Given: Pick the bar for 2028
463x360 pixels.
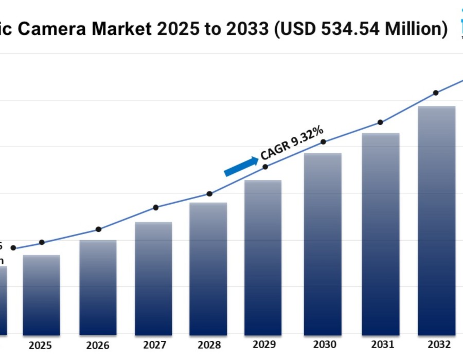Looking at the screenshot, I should point(208,268).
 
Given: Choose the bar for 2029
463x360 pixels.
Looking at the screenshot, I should point(263,257).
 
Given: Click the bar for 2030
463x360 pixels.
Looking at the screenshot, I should point(323,244).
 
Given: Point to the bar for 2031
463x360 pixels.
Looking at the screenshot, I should point(381,233).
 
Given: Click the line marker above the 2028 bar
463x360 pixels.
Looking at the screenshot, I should point(209,194).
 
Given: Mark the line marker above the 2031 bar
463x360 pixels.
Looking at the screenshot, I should point(380,122).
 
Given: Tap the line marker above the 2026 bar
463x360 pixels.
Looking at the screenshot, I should point(99,229).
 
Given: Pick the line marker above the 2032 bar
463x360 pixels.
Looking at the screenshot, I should point(436,93).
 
